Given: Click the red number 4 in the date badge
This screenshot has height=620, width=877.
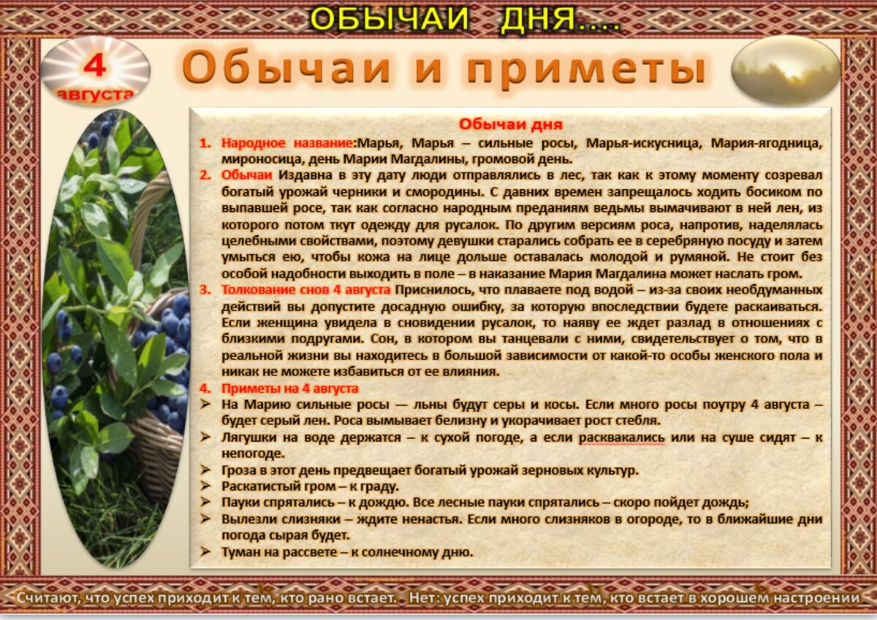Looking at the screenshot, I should click(94, 66).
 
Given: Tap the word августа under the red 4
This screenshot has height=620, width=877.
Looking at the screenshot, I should click(95, 94).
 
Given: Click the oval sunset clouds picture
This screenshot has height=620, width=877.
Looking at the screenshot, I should click(786, 70).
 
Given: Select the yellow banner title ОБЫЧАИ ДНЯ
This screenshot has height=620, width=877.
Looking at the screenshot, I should click(464, 20).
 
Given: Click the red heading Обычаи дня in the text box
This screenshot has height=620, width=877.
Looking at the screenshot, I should click(511, 124).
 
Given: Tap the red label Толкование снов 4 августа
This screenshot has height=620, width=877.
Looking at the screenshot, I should click(305, 291).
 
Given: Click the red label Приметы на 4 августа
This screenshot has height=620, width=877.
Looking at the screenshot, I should click(289, 389).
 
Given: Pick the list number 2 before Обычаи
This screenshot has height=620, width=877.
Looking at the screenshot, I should click(205, 175).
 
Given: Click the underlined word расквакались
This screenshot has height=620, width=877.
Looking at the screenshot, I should click(622, 437).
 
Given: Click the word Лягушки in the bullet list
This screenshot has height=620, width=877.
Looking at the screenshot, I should click(250, 437).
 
